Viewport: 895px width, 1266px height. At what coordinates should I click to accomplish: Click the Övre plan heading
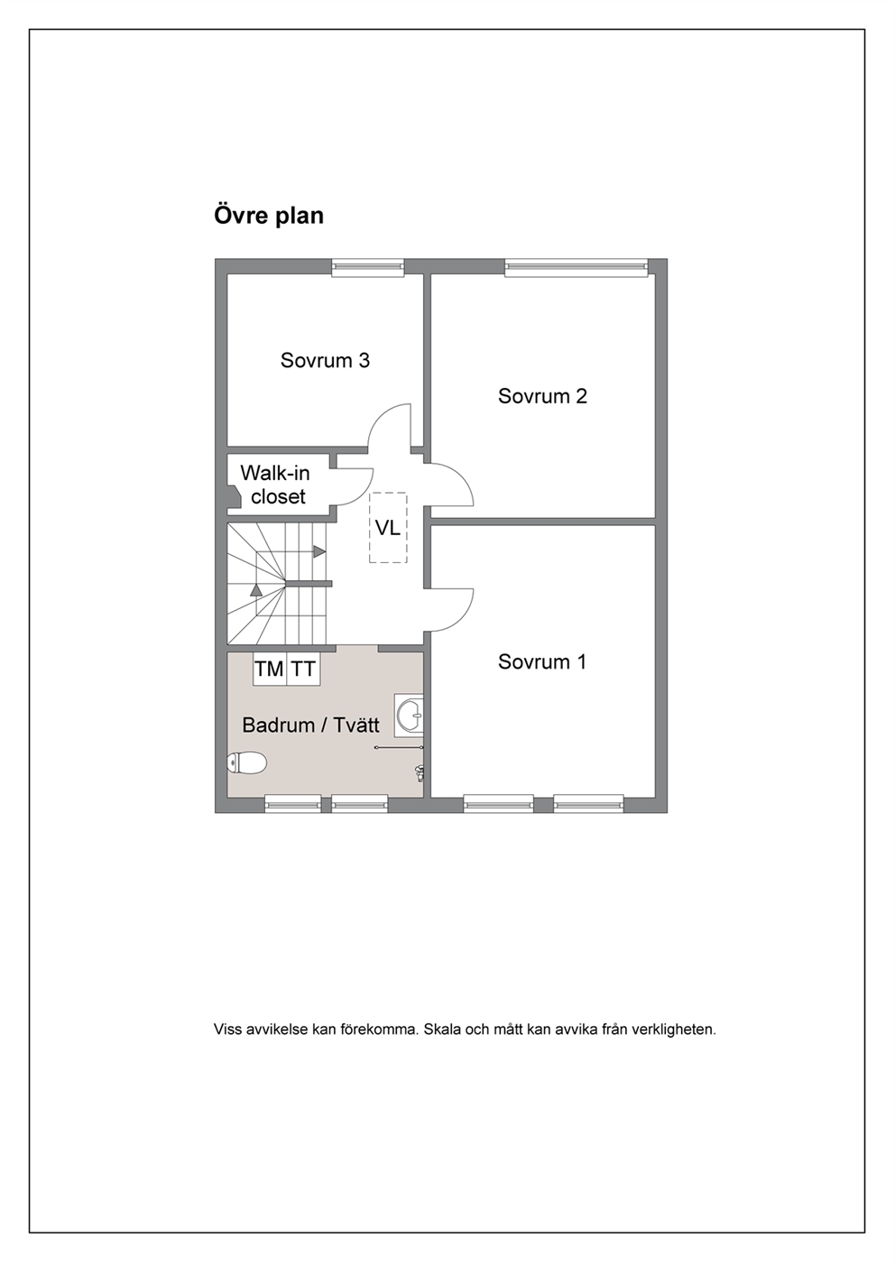(268, 216)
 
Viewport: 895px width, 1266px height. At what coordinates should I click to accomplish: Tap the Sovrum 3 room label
(325, 361)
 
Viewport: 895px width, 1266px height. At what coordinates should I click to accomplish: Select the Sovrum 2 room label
(542, 396)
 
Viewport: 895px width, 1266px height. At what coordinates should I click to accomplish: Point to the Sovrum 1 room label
(542, 661)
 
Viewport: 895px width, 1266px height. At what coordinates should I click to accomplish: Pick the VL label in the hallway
(388, 529)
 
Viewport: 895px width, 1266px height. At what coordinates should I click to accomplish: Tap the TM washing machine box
(270, 669)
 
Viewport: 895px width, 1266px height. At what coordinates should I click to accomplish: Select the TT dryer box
(303, 669)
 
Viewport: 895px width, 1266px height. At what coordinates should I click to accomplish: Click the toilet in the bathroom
(247, 763)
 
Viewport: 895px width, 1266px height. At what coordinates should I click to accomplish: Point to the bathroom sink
(410, 715)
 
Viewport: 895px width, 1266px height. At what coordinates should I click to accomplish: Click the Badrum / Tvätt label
(310, 725)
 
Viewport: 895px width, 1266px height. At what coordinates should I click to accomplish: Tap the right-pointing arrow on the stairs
(319, 551)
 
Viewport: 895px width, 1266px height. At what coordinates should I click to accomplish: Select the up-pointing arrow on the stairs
(256, 590)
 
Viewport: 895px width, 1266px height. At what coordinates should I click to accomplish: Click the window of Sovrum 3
(368, 268)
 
